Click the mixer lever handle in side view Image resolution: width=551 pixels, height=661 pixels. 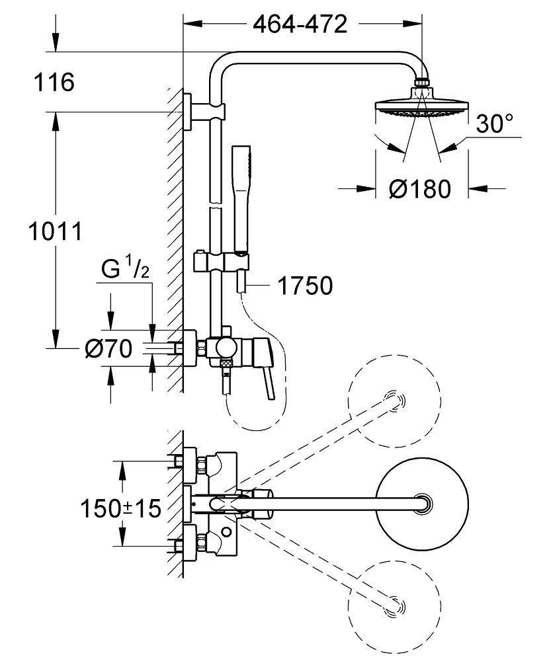[x=271, y=382]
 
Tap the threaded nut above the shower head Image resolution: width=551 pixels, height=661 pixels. [x=421, y=83]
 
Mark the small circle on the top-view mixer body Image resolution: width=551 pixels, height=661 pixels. [x=228, y=532]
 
